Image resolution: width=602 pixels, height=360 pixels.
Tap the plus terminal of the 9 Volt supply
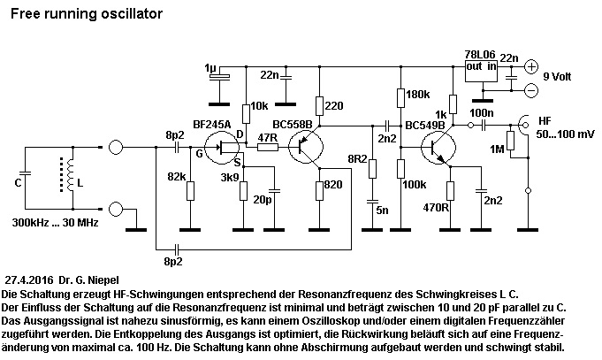point(531,66)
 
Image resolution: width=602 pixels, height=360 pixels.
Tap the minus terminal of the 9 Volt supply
point(531,89)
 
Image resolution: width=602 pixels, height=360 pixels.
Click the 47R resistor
point(267,147)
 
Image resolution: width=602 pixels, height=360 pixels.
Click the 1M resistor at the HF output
point(510,142)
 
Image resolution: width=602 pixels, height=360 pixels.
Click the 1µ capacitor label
point(209,67)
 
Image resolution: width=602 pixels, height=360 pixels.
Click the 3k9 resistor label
point(229,178)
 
